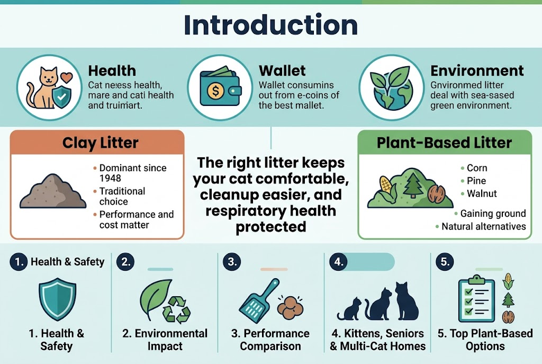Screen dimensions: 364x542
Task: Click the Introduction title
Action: (270, 25)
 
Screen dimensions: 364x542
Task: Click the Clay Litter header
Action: (100, 143)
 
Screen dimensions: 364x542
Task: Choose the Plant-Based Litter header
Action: (444, 143)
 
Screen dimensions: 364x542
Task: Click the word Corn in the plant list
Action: (477, 168)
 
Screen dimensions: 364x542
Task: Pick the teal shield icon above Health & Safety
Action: (56, 300)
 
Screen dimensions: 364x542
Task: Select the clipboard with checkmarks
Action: (475, 300)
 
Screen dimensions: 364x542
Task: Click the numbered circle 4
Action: (338, 261)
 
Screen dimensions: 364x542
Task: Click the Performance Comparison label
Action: (270, 340)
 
